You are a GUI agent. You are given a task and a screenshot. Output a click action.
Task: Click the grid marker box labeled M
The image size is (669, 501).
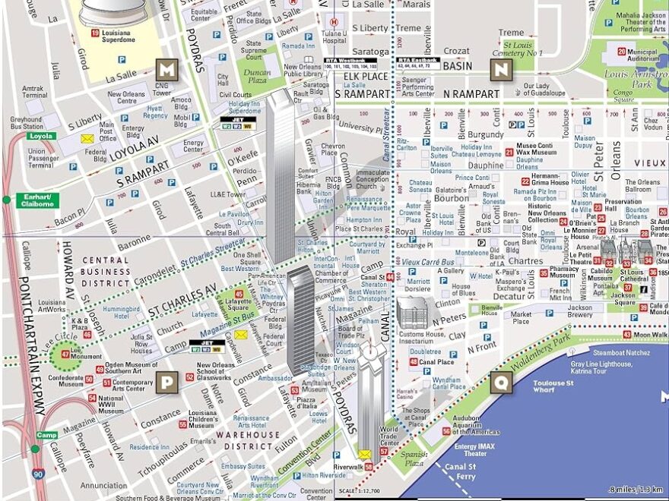pos(166,70)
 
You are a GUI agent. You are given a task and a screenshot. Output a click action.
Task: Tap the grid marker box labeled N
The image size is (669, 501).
pos(500,70)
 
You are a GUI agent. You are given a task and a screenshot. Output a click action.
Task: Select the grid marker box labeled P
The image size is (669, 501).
pos(166,382)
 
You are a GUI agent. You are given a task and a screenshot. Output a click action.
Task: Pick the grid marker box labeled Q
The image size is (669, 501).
pos(500,382)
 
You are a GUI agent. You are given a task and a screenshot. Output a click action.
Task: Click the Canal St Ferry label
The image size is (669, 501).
pos(461,471)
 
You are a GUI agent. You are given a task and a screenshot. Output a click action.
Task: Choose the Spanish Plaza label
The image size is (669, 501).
pos(414,458)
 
